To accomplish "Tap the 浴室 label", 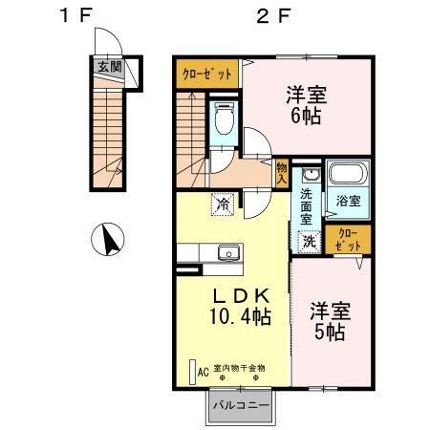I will pos(348,202).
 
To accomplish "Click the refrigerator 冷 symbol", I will pos(222,204).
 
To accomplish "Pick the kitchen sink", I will pos(228,253).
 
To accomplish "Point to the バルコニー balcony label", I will pos(240,405).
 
